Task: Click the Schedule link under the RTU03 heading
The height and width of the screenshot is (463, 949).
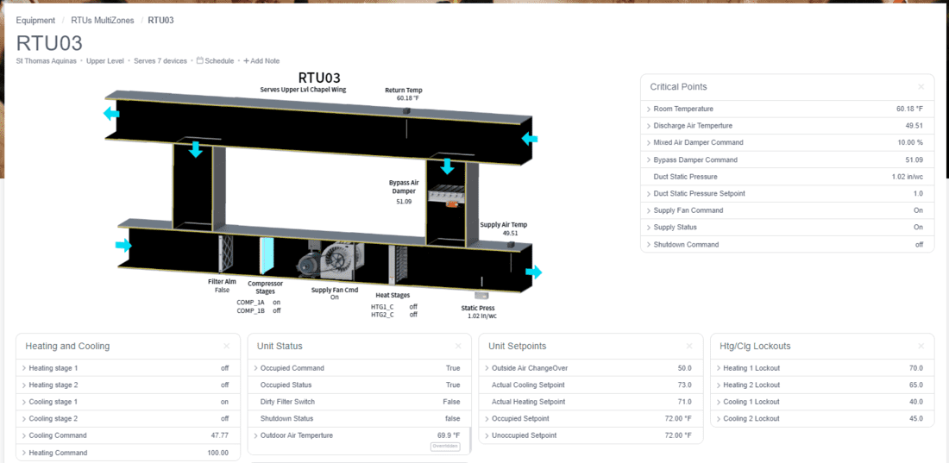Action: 216,60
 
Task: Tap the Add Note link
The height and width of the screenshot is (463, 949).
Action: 261,60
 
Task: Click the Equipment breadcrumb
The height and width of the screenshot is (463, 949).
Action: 35,20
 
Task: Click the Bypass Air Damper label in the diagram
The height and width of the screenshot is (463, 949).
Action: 404,186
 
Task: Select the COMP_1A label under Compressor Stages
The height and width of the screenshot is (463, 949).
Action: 250,302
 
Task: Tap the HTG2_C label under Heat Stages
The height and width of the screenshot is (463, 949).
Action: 382,314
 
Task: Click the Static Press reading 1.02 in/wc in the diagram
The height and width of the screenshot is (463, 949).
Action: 482,316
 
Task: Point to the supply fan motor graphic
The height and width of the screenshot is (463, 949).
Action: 311,264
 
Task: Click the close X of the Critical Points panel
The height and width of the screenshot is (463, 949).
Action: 921,86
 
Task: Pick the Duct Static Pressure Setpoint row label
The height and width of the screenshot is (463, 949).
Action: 699,193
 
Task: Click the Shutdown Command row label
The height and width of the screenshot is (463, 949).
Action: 687,245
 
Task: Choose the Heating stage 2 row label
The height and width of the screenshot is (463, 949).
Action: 53,385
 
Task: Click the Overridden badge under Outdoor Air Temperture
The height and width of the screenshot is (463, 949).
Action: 445,447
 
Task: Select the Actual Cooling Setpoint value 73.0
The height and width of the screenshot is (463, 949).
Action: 685,385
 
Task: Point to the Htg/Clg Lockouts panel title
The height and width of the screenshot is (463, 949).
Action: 755,347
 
